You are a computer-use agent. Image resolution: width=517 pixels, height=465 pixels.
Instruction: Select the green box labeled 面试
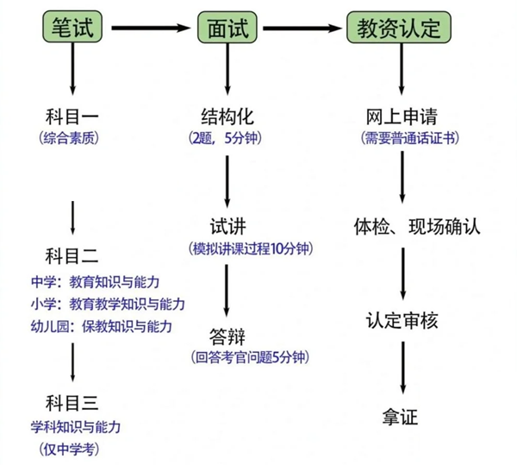pos(227,28)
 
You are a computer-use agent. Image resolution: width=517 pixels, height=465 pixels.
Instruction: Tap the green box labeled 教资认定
pos(399,28)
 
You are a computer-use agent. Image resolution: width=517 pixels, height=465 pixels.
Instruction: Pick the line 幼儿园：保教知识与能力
pos(100,326)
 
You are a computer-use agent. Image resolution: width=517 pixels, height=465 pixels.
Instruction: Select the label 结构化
pos(227,116)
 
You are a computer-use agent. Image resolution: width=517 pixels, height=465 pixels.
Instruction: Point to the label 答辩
pos(227,334)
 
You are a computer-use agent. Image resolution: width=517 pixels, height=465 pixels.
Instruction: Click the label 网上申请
pos(399,116)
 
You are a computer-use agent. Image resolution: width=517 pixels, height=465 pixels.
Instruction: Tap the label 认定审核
pos(399,321)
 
